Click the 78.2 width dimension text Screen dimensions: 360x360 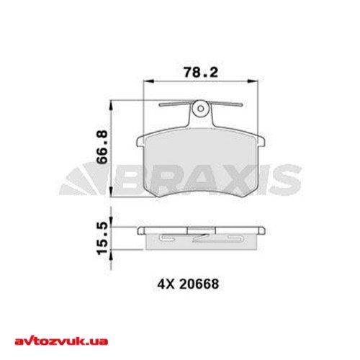191,73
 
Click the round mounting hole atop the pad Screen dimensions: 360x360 201,108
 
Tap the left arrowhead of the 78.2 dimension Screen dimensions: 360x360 147,83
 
